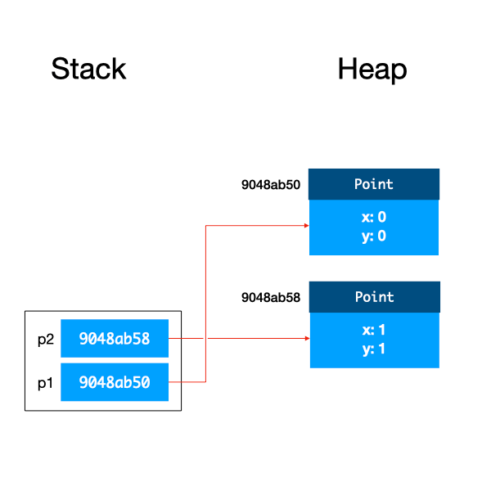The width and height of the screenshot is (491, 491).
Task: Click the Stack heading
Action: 88,69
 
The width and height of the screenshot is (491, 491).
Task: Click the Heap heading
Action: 372,69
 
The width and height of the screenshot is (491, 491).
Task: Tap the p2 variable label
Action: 46,339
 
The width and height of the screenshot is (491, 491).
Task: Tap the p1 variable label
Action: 46,381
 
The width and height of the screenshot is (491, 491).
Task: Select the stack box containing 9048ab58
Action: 115,339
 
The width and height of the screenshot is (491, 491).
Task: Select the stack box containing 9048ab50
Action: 115,381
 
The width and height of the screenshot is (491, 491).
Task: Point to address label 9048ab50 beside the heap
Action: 271,185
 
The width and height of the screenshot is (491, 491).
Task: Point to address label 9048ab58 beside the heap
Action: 271,298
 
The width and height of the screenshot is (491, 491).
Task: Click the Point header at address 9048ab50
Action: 374,184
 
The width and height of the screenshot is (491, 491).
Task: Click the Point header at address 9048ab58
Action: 374,297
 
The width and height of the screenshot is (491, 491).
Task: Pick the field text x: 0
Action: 373,218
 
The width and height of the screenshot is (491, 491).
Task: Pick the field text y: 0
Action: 373,236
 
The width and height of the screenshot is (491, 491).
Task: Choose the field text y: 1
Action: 373,348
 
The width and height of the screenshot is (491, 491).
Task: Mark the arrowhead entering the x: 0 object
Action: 305,226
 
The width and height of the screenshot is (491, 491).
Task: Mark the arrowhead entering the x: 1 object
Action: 305,338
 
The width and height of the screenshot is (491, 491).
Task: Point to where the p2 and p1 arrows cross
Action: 205,338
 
